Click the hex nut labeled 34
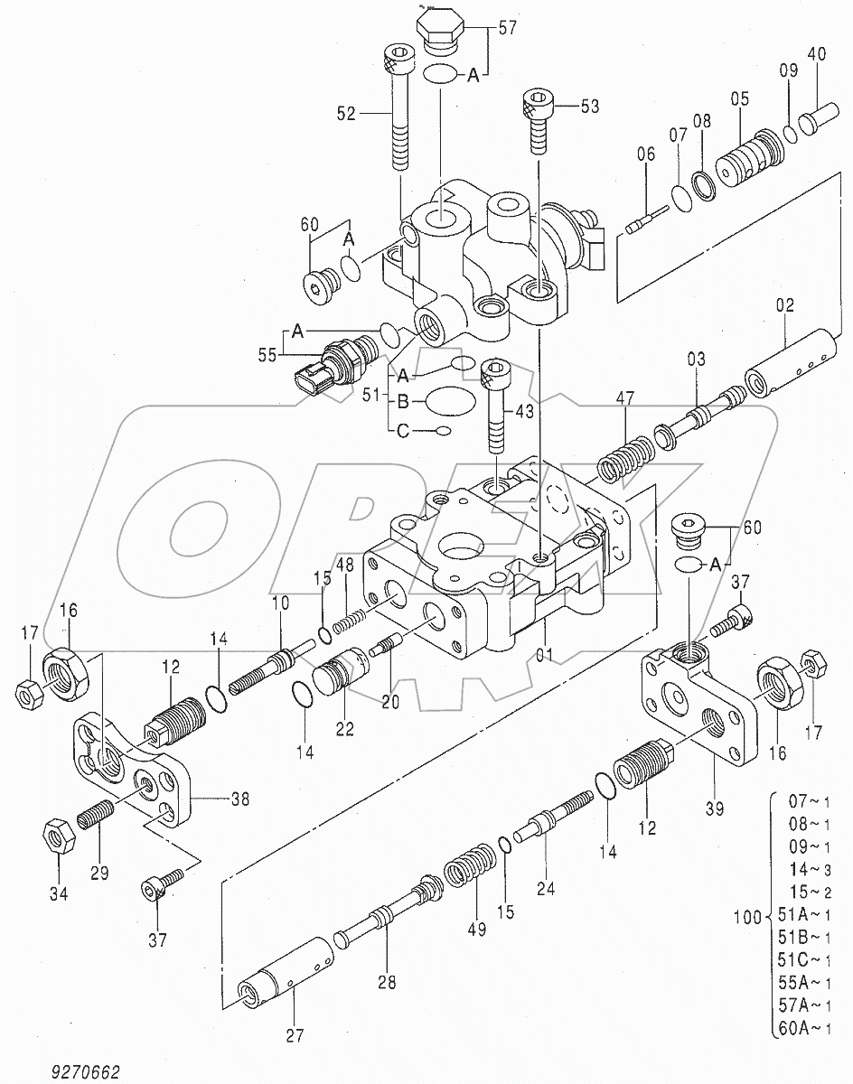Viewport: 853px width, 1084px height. pyautogui.click(x=58, y=836)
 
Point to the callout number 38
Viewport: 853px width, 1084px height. pyautogui.click(x=240, y=799)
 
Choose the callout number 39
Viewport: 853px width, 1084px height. pyautogui.click(x=715, y=809)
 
